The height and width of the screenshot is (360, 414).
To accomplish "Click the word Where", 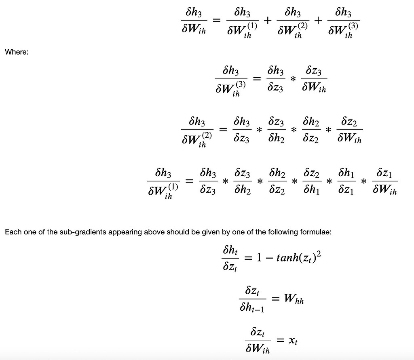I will (16, 52).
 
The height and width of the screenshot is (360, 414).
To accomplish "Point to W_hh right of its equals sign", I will (294, 299).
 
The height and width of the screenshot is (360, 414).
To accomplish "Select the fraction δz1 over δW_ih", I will (384, 181).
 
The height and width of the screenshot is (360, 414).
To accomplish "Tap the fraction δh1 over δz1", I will (346, 181).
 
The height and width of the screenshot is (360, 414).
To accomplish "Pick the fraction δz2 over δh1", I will (311, 181).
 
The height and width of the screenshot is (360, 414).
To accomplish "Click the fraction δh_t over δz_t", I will (230, 258).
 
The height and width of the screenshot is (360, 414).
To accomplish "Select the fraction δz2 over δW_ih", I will (349, 130).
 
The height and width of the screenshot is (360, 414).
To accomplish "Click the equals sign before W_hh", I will (276, 299).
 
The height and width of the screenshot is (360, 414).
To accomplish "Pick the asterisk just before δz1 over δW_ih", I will (364, 182).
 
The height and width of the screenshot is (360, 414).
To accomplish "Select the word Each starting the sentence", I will (12, 232).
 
